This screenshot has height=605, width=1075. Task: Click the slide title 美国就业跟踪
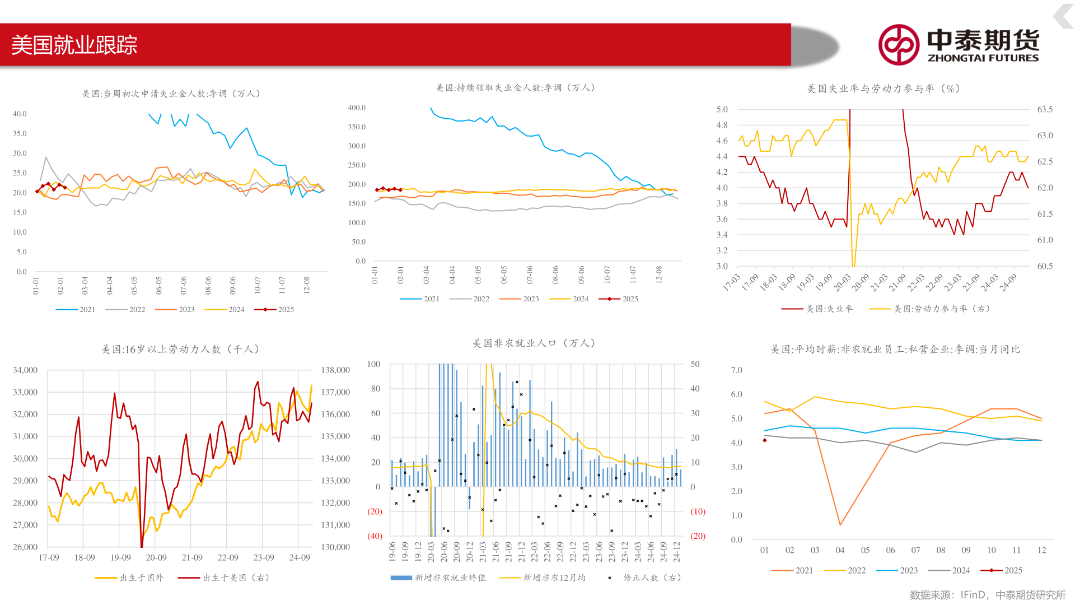click(74, 45)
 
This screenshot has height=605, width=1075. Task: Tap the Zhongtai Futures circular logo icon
click(898, 45)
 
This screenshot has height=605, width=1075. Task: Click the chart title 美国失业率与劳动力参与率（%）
click(883, 89)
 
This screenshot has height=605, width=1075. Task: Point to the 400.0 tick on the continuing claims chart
click(356, 108)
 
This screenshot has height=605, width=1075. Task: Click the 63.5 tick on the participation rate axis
click(1045, 109)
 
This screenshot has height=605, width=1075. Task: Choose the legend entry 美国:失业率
click(817, 309)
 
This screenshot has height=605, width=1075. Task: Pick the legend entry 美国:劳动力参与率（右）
click(929, 309)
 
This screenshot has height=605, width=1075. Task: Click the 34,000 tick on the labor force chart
click(25, 370)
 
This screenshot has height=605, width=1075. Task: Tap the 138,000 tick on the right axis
click(335, 370)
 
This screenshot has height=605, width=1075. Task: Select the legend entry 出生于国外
click(129, 578)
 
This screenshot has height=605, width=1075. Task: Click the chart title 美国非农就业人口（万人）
click(535, 343)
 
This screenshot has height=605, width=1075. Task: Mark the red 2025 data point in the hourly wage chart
click(765, 440)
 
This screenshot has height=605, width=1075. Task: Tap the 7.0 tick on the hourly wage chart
click(736, 370)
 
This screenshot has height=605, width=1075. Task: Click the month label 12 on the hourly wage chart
click(1041, 550)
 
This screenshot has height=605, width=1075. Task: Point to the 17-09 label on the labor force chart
click(49, 557)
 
